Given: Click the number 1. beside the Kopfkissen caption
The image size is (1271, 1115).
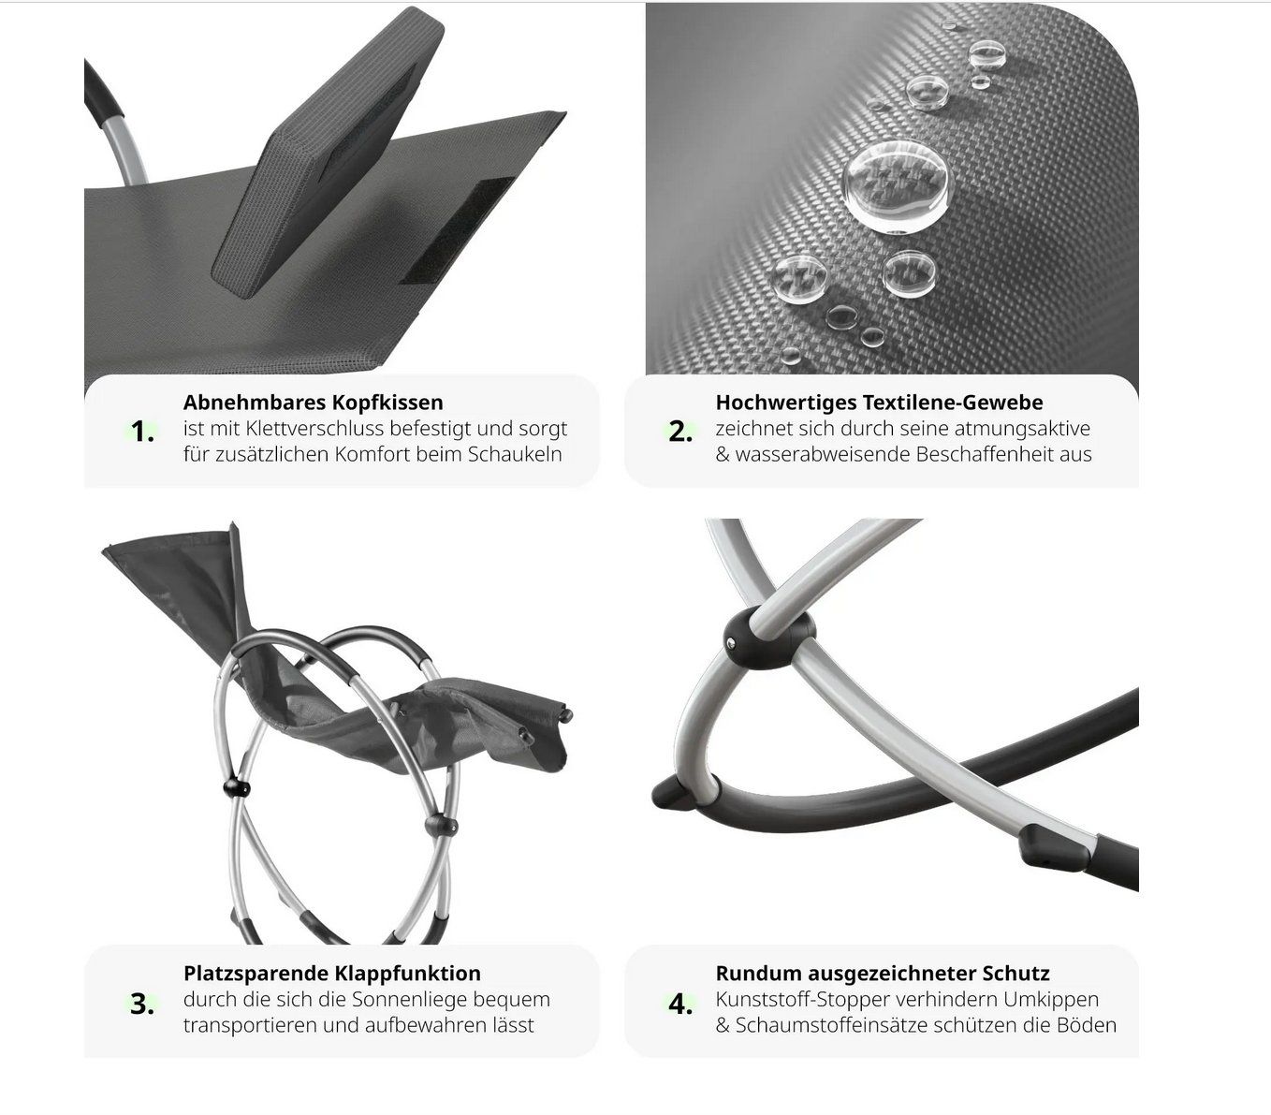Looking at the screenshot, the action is click(142, 431).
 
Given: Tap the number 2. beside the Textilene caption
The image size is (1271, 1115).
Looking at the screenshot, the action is click(680, 431).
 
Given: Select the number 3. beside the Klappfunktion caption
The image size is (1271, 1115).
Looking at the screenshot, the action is click(141, 1004).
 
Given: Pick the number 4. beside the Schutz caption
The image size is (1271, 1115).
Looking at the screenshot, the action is click(680, 1004).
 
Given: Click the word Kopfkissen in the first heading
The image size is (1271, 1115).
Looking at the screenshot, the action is click(387, 403).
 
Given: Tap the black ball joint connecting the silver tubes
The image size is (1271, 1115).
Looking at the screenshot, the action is click(769, 638).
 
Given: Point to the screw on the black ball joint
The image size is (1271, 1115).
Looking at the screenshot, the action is click(731, 641).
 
